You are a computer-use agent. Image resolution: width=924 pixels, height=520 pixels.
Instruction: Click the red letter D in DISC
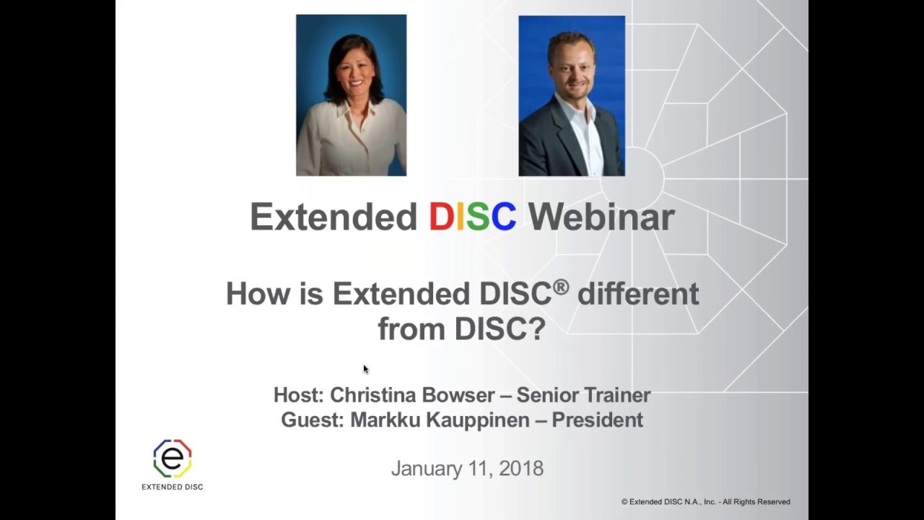click(440, 217)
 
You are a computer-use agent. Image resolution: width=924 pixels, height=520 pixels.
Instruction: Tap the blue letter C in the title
click(503, 217)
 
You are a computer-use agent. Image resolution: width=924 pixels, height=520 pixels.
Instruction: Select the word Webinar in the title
click(601, 217)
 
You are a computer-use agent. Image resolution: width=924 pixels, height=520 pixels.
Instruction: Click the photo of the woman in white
click(351, 95)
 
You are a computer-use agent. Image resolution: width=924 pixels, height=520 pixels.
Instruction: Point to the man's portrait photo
click(571, 96)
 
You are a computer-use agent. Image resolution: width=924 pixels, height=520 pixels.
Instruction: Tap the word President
click(597, 420)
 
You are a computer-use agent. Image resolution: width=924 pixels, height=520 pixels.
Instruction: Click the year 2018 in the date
click(520, 468)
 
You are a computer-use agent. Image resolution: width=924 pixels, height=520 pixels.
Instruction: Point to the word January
click(424, 469)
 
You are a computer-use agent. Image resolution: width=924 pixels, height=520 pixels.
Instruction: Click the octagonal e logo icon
click(173, 458)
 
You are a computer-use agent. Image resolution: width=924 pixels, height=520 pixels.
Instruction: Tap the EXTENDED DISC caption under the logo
click(173, 487)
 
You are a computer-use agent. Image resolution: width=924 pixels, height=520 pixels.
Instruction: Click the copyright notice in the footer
click(705, 502)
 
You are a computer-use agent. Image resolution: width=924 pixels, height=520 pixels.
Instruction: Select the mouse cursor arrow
click(365, 369)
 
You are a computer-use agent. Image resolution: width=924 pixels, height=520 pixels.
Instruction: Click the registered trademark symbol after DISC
click(561, 287)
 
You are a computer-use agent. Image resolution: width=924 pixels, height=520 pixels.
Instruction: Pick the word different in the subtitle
click(638, 294)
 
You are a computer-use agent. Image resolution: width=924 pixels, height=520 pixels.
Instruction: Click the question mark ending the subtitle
click(537, 329)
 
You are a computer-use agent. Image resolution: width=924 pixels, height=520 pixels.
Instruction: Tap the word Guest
click(311, 420)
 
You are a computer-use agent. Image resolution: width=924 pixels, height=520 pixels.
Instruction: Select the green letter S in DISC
click(477, 217)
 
